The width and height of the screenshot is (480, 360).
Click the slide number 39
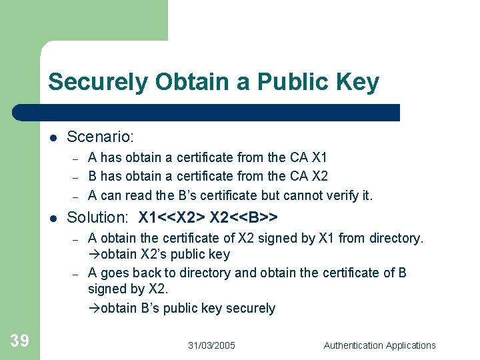point(19,341)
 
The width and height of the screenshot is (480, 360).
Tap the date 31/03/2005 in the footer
point(211,345)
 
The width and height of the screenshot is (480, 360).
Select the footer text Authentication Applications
point(379,345)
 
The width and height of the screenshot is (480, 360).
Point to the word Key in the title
point(359,83)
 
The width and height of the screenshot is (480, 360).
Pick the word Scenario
point(101,137)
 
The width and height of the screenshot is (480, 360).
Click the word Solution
point(97,217)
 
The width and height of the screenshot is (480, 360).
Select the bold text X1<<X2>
point(172,217)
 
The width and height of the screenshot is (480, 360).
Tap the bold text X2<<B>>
point(244,217)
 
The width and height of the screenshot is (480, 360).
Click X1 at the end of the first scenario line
point(319,157)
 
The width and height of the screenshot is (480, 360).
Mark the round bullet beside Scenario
point(53,138)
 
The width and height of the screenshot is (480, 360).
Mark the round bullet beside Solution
point(53,218)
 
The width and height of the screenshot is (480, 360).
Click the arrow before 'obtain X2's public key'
point(94,255)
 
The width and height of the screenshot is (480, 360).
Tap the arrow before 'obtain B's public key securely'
point(94,309)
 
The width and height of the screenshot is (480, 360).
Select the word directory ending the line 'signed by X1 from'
point(399,238)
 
